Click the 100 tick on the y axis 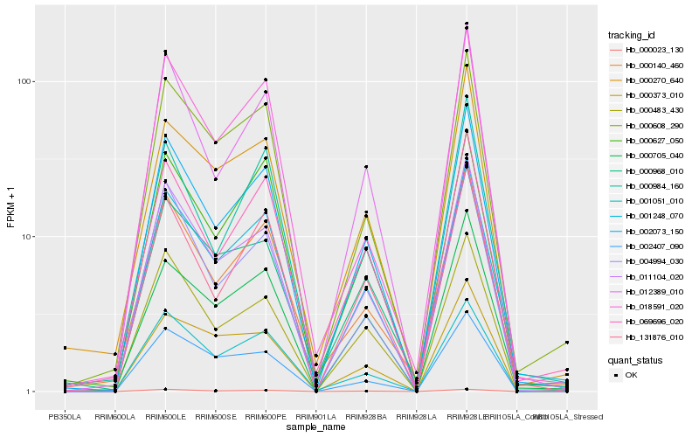25,81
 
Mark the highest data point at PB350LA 65,348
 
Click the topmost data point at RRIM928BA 366,166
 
